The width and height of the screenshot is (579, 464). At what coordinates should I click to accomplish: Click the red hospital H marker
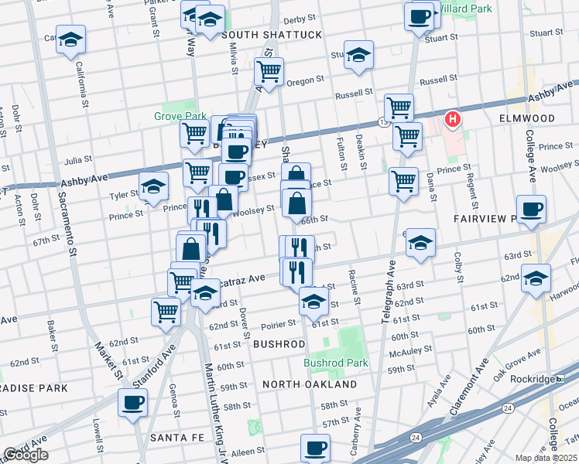(452, 120)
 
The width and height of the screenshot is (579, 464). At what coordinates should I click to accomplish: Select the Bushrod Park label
(334, 362)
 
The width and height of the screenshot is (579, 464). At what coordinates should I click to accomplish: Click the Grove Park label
(180, 117)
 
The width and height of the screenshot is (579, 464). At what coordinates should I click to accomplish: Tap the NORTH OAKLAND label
(309, 384)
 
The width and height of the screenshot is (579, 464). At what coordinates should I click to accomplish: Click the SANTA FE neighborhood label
(176, 438)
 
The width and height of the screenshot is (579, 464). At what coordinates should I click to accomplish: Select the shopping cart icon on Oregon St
(269, 72)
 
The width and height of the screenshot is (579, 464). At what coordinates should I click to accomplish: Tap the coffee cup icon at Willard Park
(419, 15)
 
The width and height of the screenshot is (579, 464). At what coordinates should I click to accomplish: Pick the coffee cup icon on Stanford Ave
(132, 402)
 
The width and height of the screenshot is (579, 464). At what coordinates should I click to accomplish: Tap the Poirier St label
(278, 323)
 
